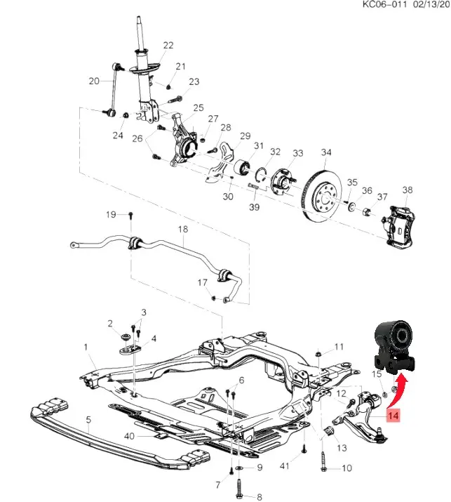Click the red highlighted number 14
(391, 416)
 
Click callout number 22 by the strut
(168, 46)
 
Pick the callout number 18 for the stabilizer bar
(182, 230)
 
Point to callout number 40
(128, 437)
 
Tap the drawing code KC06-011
(384, 4)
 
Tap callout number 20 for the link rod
(95, 81)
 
